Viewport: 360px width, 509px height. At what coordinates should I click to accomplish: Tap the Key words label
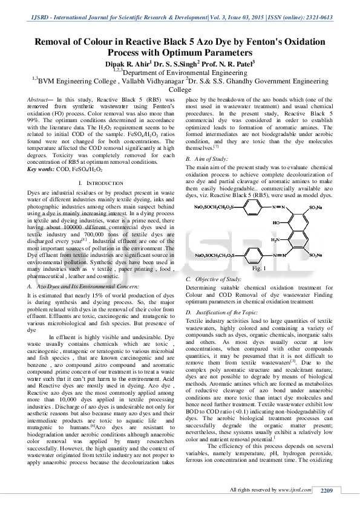pos(41,169)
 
